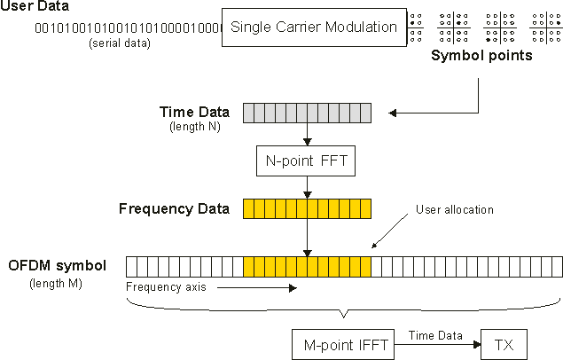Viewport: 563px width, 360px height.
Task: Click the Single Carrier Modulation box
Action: click(314, 27)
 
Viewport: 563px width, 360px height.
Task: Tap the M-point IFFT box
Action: click(341, 343)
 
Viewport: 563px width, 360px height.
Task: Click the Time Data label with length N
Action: click(194, 112)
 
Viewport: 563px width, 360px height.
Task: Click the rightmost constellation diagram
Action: click(545, 27)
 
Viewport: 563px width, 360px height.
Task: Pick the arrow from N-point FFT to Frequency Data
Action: click(306, 186)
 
